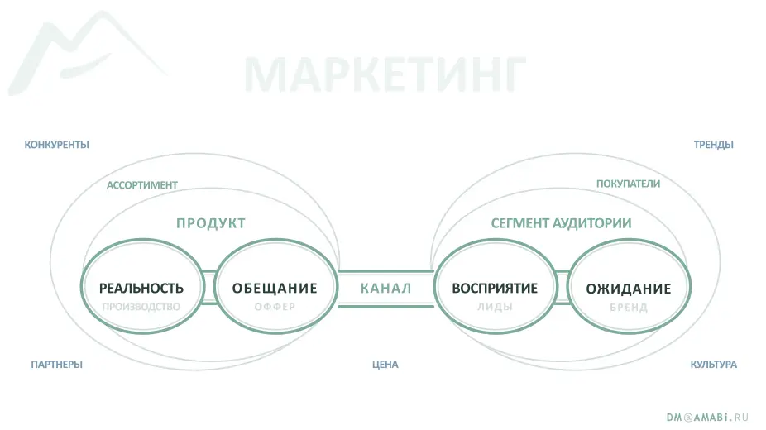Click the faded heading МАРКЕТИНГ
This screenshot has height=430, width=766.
385,74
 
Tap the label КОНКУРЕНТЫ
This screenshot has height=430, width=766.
57,145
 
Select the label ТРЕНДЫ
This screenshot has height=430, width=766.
713,145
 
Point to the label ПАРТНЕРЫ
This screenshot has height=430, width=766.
57,365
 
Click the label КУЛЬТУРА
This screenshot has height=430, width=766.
713,365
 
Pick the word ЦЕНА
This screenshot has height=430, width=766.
385,365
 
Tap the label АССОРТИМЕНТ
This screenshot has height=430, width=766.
142,185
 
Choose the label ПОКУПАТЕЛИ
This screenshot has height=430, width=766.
628,184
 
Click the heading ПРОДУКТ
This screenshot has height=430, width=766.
211,223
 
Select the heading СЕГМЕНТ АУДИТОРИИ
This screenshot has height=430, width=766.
561,223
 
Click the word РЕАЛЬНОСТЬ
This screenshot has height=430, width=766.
141,288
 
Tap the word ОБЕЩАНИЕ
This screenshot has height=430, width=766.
275,288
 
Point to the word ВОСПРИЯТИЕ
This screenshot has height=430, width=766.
495,288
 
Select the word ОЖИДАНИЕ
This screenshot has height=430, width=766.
629,289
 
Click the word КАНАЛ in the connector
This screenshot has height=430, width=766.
386,289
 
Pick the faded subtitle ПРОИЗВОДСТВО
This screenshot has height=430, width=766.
141,307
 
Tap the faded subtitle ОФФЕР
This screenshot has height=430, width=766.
275,307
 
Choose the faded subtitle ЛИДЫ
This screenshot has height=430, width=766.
495,307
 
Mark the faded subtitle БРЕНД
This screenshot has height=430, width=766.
629,308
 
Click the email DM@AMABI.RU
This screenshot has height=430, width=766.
707,418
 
